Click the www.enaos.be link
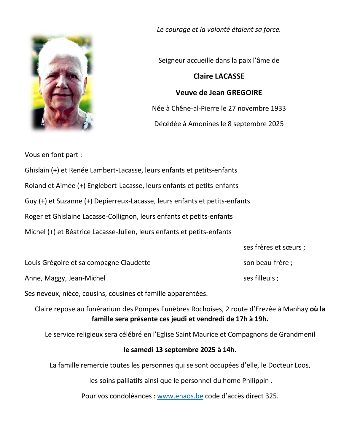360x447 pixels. (x=180, y=396)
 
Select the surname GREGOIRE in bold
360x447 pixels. (x=244, y=93)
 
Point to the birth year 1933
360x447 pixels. (x=278, y=108)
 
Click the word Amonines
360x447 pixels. (x=202, y=124)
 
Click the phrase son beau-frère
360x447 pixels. (x=266, y=263)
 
